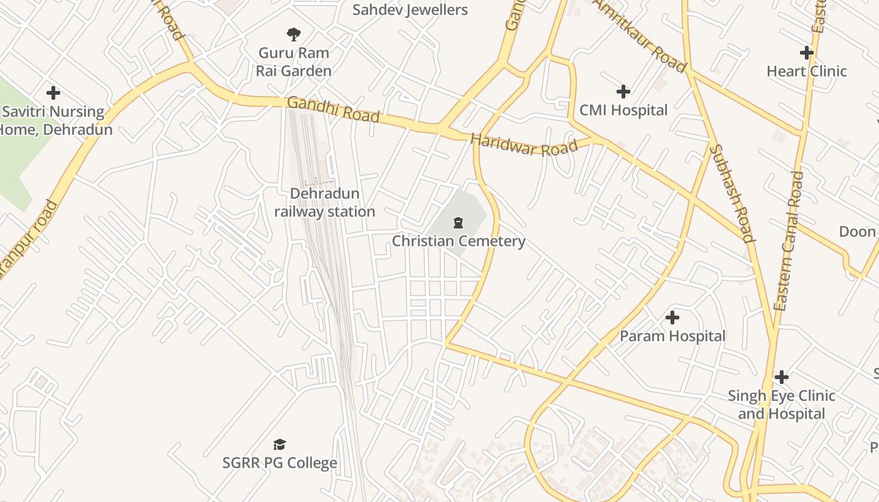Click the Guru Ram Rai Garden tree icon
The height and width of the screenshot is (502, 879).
(x=293, y=34)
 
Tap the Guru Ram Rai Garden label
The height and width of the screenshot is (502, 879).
(x=293, y=61)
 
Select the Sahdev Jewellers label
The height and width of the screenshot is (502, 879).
(x=410, y=10)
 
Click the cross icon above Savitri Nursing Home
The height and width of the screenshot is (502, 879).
(x=53, y=93)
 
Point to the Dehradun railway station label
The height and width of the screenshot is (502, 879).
(x=325, y=203)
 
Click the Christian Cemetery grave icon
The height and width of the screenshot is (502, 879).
(x=458, y=222)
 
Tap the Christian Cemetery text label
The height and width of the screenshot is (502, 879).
(x=458, y=241)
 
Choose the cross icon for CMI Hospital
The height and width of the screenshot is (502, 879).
(x=623, y=92)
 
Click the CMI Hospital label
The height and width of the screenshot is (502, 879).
(x=623, y=110)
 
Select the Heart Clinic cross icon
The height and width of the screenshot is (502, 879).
(x=806, y=53)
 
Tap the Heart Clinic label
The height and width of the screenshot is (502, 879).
(x=806, y=72)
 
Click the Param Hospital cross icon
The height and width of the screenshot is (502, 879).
(x=672, y=318)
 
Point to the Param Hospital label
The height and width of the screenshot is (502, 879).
(x=672, y=336)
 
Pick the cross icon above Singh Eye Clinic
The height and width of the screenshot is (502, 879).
(x=781, y=377)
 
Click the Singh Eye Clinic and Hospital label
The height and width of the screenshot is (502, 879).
(x=781, y=405)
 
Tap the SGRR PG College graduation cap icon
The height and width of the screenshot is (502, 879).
(x=279, y=445)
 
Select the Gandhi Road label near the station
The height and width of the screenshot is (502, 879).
(x=333, y=110)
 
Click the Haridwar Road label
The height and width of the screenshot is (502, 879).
(x=524, y=145)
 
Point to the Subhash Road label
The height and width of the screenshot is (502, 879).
(x=731, y=193)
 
